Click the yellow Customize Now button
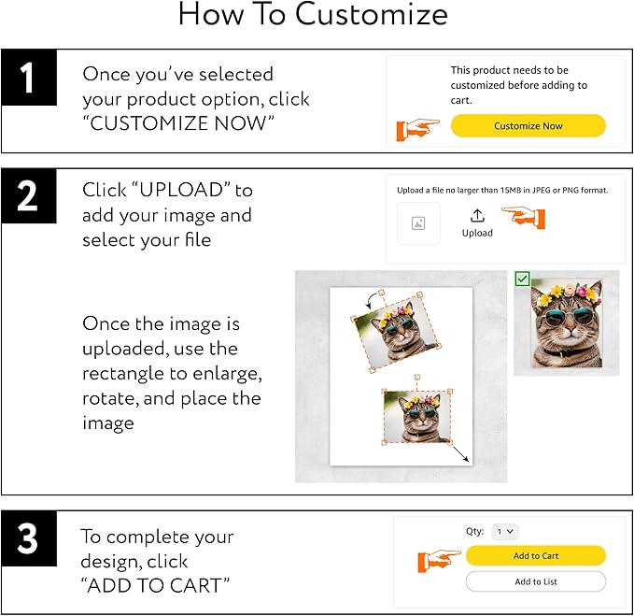528,126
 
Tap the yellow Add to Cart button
536,556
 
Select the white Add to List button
536,581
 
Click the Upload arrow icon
477,215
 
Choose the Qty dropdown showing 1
505,531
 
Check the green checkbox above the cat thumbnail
522,279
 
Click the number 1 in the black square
28,77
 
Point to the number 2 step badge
28,197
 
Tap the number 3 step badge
28,540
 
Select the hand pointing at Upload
524,217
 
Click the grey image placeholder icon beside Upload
418,223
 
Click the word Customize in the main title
372,16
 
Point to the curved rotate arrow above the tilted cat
374,297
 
